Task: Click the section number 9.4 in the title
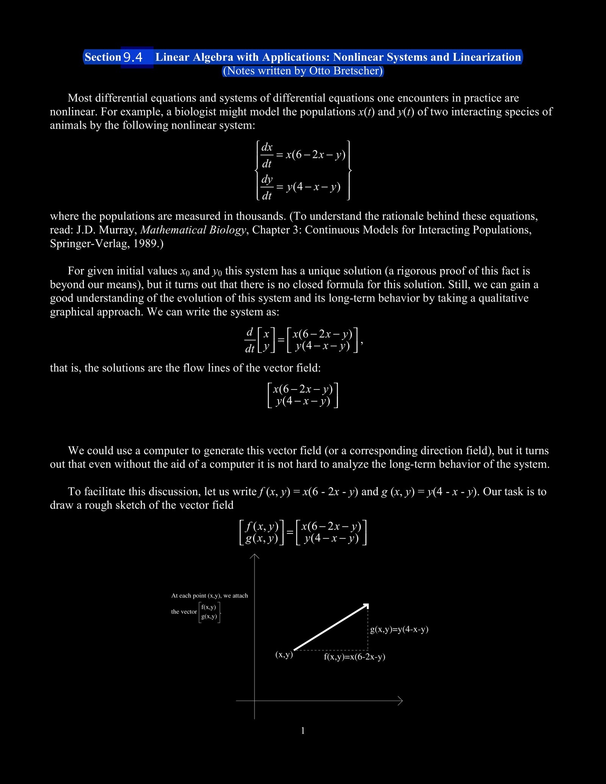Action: click(x=133, y=57)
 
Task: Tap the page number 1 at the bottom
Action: click(x=303, y=731)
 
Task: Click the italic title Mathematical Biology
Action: click(x=193, y=230)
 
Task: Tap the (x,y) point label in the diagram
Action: click(x=284, y=655)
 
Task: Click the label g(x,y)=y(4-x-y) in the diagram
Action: click(x=399, y=630)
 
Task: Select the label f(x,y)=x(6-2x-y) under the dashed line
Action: click(x=355, y=657)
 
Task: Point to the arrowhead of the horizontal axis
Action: click(x=401, y=701)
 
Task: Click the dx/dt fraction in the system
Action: click(x=267, y=155)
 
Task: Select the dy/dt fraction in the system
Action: click(x=267, y=187)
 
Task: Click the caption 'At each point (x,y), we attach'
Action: click(x=209, y=595)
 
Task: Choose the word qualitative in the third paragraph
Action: click(x=503, y=298)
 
